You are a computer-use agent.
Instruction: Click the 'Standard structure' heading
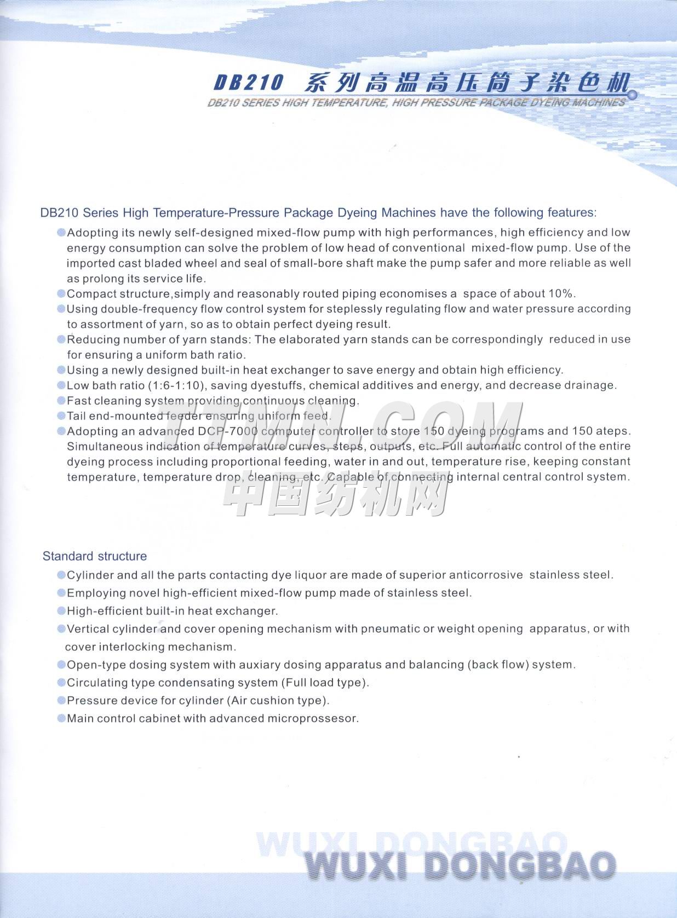pos(95,556)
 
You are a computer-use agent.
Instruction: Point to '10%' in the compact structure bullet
pos(560,293)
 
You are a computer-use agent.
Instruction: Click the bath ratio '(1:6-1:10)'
pos(176,385)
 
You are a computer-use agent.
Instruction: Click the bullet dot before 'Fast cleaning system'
pos(61,401)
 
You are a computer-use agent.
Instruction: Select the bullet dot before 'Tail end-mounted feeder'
pos(61,416)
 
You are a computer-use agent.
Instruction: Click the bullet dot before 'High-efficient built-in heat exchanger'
pos(61,611)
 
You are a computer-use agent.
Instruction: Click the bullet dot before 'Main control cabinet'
pos(61,718)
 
